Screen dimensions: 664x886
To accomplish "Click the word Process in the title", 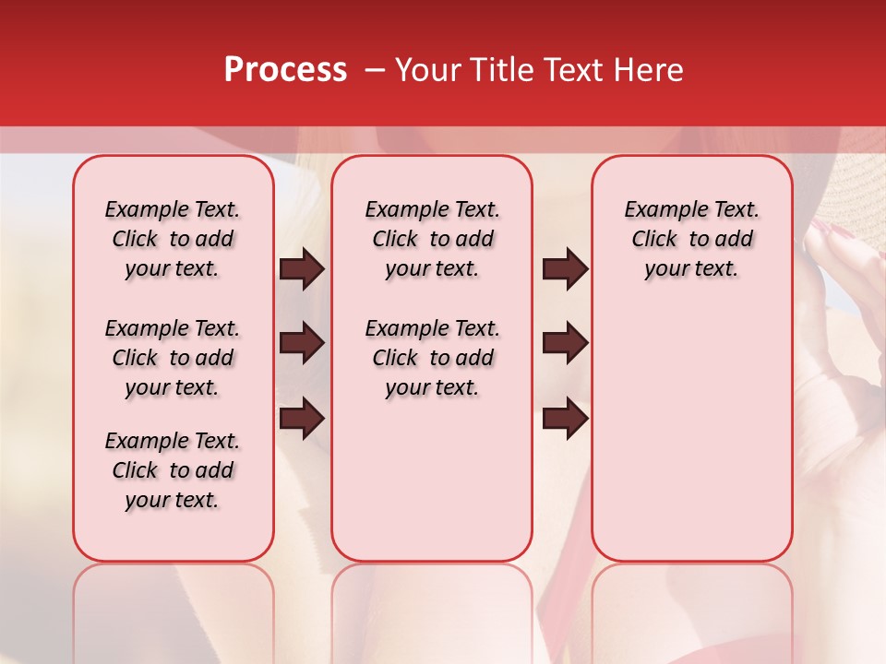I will pyautogui.click(x=284, y=70).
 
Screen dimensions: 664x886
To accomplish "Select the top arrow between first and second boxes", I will pyautogui.click(x=302, y=269).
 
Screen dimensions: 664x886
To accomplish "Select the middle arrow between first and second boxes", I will pyautogui.click(x=302, y=343).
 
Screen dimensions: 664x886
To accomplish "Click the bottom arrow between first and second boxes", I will pyautogui.click(x=302, y=418).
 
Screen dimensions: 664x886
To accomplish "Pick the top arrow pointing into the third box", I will pyautogui.click(x=565, y=269).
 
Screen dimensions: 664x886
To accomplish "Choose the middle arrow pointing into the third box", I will pyautogui.click(x=565, y=343).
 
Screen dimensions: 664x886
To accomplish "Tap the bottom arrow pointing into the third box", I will pyautogui.click(x=565, y=418).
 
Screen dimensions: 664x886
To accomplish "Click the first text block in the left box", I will pyautogui.click(x=173, y=239).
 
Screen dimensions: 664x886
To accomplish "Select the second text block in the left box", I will pyautogui.click(x=173, y=358).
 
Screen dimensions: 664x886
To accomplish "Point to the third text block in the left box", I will pyautogui.click(x=173, y=470).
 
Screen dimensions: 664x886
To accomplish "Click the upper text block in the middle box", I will pyautogui.click(x=432, y=239).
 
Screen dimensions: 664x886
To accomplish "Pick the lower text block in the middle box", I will pyautogui.click(x=432, y=358).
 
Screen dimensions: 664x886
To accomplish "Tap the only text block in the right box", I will pyautogui.click(x=692, y=239).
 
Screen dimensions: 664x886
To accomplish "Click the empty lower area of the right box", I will pyautogui.click(x=692, y=433).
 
